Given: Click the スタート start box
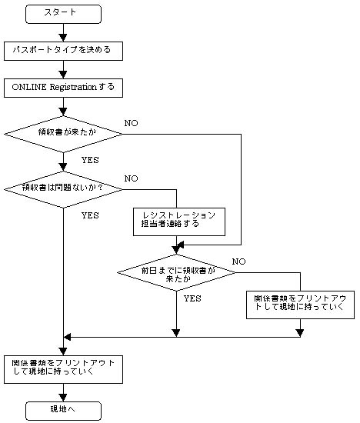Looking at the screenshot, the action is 63,14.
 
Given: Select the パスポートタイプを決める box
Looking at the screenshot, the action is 63,51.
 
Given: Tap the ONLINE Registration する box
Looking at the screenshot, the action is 63,88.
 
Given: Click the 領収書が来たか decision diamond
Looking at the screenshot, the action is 63,134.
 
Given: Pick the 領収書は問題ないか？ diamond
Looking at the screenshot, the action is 63,189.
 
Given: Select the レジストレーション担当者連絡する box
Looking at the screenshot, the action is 179,221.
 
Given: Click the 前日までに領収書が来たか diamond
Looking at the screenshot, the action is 176,272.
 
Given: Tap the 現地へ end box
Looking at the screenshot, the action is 63,411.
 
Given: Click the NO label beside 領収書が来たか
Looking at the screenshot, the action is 132,123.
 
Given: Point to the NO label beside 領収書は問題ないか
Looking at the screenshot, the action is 132,178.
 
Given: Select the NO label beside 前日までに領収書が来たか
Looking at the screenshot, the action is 238,261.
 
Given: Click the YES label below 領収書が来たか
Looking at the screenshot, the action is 90,160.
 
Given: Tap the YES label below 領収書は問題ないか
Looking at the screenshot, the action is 90,215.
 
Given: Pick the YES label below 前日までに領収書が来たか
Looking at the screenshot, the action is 192,298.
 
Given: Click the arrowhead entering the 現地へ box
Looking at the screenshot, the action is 63,398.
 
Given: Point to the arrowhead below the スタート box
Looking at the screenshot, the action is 63,38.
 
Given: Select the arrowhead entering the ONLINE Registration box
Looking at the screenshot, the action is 63,75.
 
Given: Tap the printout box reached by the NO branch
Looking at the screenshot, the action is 300,305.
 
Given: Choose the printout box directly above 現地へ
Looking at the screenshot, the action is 63,370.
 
